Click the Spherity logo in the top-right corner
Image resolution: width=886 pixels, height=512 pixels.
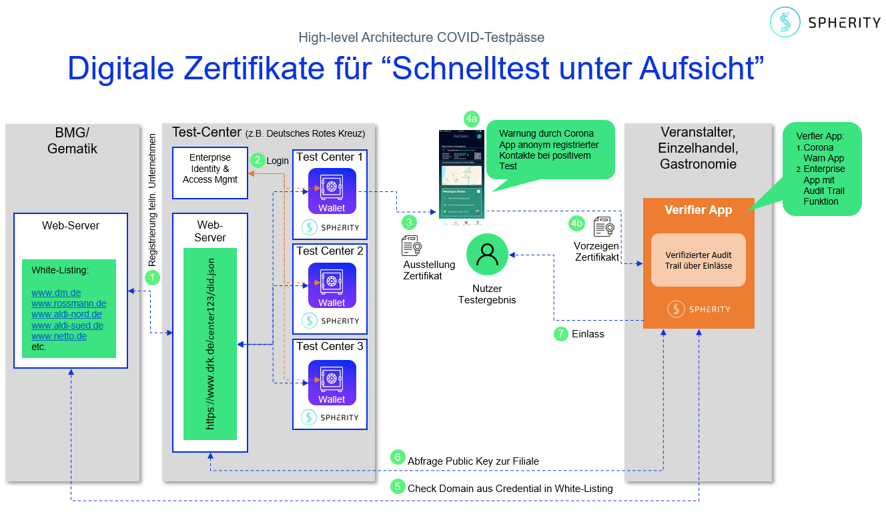click(825, 22)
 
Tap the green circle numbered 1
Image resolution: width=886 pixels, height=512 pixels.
click(153, 277)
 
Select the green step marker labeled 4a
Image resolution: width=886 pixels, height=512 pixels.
click(472, 119)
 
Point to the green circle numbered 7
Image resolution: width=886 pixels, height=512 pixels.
click(561, 333)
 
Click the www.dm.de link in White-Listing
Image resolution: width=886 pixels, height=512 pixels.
click(56, 293)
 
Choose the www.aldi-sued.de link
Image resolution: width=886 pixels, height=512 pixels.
click(67, 325)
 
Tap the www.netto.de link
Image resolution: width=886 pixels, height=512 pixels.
click(59, 336)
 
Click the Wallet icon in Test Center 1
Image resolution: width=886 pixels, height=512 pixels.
click(332, 191)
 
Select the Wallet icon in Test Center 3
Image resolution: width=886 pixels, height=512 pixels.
click(332, 383)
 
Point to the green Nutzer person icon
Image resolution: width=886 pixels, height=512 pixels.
click(488, 255)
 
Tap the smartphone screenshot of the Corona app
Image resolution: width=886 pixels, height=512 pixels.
click(461, 174)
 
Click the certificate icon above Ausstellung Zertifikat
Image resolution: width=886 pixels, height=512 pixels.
click(412, 245)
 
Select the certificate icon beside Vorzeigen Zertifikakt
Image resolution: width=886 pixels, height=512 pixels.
click(604, 227)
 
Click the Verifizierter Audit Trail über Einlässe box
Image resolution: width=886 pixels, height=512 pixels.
click(698, 260)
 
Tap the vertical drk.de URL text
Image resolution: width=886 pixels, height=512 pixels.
click(210, 344)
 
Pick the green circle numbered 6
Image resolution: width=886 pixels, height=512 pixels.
click(398, 457)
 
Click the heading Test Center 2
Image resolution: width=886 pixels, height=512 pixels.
click(330, 251)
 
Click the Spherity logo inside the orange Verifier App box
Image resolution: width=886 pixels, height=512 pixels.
click(698, 309)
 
